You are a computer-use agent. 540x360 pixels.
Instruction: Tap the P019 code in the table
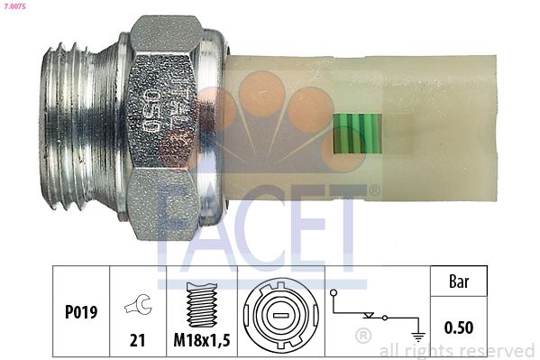[81, 313]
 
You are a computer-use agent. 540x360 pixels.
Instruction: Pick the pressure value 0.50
[460, 327]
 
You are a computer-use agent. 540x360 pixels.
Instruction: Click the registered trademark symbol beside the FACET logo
[374, 190]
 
